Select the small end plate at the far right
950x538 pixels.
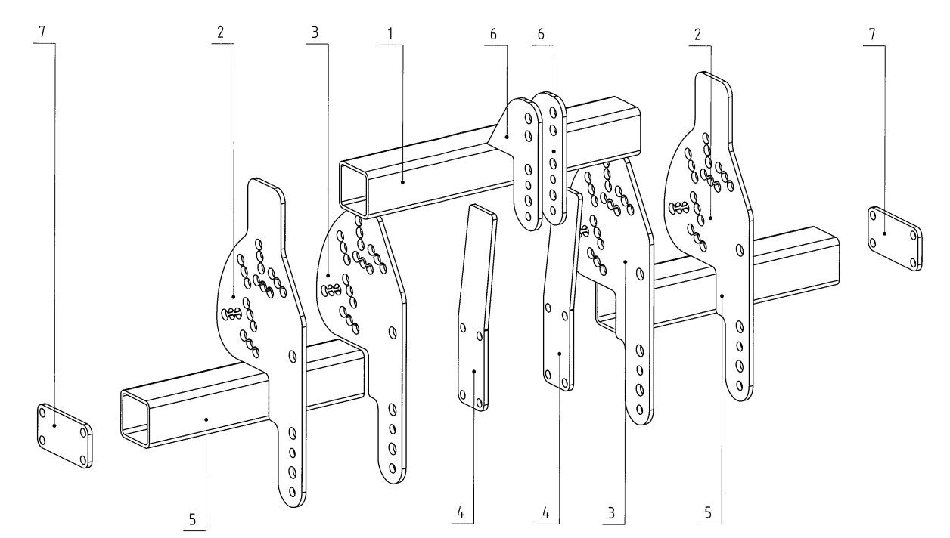pyautogui.click(x=894, y=237)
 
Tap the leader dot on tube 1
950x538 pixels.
pyautogui.click(x=403, y=182)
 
